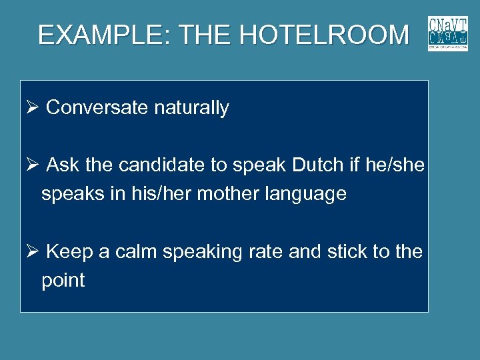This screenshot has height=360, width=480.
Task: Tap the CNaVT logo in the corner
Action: coord(448,33)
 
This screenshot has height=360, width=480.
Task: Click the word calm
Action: coord(137,252)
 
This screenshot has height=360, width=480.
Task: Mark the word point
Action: coord(63,281)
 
